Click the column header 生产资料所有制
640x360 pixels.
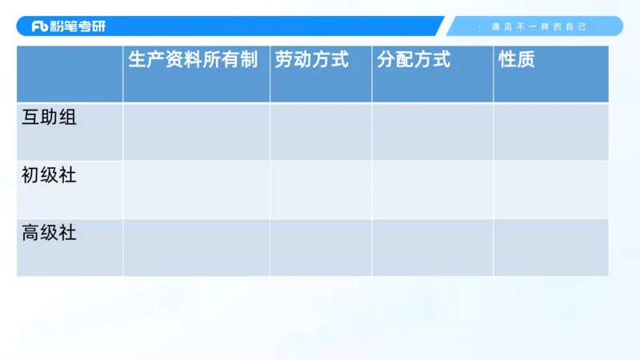193,60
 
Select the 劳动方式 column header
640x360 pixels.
312,60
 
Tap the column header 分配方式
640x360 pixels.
413,60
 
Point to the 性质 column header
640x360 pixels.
517,60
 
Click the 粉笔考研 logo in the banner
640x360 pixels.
69,26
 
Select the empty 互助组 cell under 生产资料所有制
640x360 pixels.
196,132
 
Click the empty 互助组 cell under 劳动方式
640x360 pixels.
321,132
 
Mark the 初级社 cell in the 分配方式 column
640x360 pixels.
432,190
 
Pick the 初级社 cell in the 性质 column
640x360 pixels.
550,190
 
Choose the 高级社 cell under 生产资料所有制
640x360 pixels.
196,247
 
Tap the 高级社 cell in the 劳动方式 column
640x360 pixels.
321,247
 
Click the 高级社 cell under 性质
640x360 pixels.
550,247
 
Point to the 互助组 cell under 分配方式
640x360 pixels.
432,132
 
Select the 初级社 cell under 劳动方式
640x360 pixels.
321,190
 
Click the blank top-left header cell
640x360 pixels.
70,74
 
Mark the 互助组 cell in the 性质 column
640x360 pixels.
550,132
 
